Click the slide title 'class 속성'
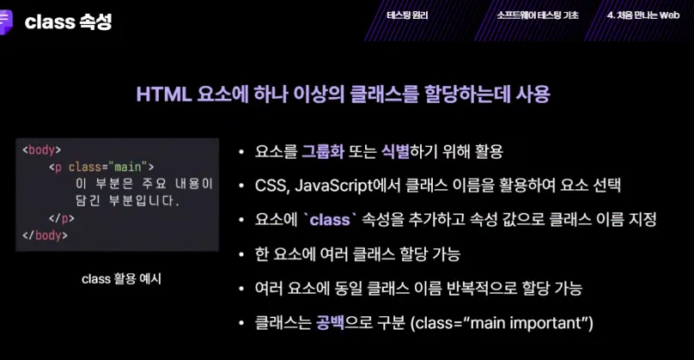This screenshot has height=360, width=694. [x=68, y=21]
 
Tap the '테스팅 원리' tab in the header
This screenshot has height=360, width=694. [x=407, y=15]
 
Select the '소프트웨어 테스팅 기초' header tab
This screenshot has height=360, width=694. [x=538, y=15]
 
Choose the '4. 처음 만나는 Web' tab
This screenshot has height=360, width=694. [x=643, y=15]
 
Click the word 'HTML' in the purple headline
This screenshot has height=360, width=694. [x=164, y=95]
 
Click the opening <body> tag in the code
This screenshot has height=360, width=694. [x=41, y=150]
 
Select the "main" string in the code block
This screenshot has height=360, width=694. [x=128, y=167]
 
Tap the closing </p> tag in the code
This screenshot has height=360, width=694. [x=62, y=218]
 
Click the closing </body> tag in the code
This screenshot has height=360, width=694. [x=45, y=235]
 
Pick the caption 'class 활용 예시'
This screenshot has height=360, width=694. [x=121, y=279]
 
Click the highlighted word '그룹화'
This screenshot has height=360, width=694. [x=323, y=151]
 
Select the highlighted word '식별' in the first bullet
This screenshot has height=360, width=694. [x=395, y=151]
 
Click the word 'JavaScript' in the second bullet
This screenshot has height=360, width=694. [x=334, y=186]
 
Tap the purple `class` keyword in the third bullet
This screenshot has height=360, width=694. [x=330, y=220]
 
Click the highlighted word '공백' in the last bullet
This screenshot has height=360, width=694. [x=330, y=323]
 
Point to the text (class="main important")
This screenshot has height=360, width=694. [x=502, y=323]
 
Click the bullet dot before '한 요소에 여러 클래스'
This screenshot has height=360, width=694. [x=241, y=254]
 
